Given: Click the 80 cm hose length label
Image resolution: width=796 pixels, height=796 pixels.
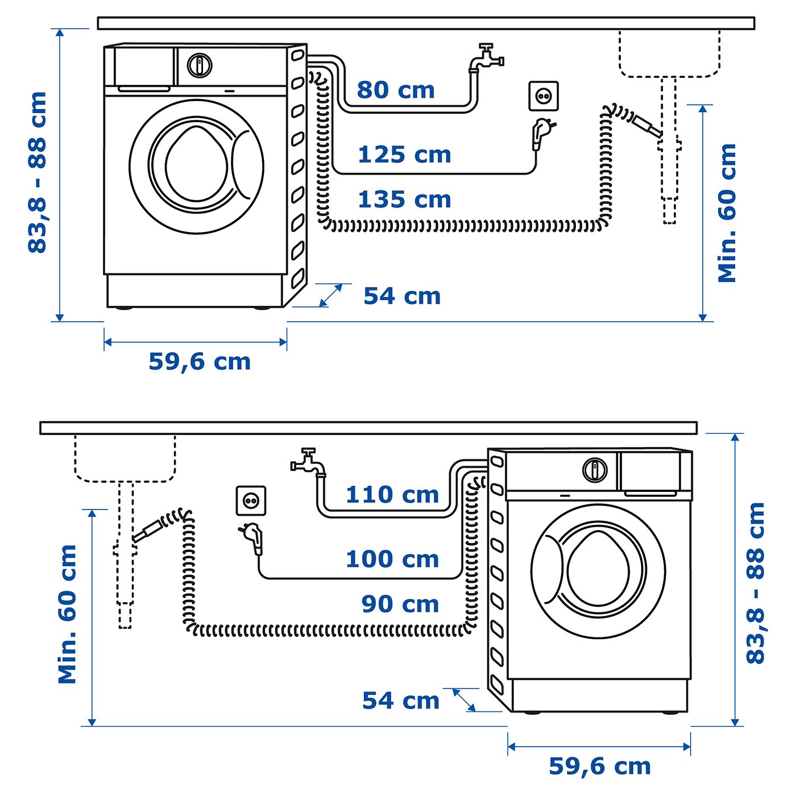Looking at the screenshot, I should tap(396, 90).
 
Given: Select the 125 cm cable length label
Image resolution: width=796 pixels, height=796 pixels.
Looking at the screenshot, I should tap(404, 155).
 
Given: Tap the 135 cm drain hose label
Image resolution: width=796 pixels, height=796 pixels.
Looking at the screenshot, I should tap(404, 200).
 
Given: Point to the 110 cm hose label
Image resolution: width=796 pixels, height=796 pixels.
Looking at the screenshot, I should tap(392, 495).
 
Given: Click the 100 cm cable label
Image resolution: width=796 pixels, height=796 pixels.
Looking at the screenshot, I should tap(392, 559).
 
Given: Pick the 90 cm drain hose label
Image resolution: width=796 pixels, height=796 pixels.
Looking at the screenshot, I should tap(400, 604).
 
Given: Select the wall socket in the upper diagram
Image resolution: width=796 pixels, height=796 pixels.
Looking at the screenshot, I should tap(544, 96).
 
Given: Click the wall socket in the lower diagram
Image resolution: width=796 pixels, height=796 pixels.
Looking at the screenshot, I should tap(251, 501).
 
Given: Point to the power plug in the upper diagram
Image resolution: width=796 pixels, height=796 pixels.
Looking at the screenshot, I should tap(541, 132).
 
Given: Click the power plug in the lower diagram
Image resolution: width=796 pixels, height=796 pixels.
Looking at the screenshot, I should tap(252, 537).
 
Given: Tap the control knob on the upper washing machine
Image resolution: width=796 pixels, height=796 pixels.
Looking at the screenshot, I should tap(200, 65).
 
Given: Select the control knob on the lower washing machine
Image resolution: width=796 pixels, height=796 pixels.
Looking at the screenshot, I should tap(595, 470).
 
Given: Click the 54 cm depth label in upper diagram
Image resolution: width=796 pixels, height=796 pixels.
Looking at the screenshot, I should tap(402, 296).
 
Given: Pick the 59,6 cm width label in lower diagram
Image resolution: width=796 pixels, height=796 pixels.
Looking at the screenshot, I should tap(599, 766).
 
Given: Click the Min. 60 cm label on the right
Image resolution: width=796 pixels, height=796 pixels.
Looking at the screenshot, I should tap(727, 213).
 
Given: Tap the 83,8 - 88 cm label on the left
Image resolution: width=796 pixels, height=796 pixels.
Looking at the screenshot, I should tap(38, 172).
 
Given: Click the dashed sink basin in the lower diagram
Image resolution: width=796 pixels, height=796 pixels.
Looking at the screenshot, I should tap(125, 458).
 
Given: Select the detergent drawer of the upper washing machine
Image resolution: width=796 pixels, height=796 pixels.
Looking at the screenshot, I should tap(144, 67).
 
